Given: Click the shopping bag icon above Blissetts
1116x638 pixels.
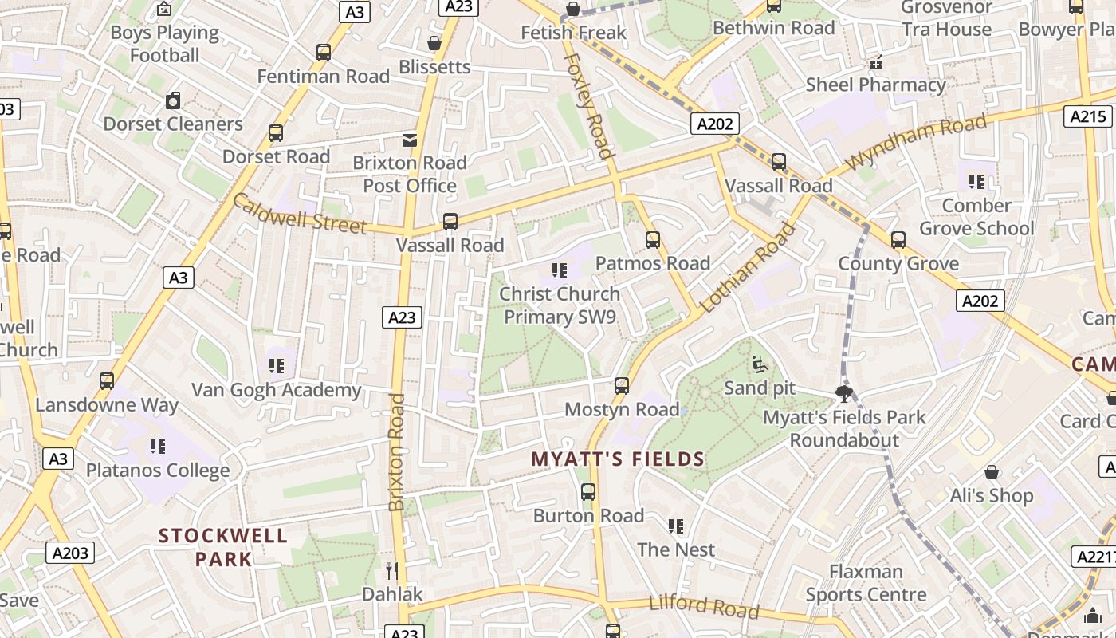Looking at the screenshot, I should [x=434, y=43].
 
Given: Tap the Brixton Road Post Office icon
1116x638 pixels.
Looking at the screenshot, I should [x=410, y=140].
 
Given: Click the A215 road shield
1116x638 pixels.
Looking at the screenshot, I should [x=1088, y=116].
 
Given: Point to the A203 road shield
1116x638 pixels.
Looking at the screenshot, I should [x=70, y=553].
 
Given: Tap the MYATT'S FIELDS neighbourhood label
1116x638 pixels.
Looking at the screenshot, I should [x=618, y=459].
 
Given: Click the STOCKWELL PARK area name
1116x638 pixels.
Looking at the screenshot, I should [x=223, y=547].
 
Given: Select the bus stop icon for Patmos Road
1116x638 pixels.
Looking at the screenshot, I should [x=653, y=240].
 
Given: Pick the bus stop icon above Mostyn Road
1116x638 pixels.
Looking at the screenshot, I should [x=622, y=387].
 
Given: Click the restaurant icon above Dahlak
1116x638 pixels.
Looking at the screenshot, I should [x=391, y=570].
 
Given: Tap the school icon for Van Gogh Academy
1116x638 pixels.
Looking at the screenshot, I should [x=277, y=366].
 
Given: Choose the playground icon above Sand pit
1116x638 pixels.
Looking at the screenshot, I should [x=760, y=364].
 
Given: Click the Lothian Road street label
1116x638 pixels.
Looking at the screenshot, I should [x=748, y=268].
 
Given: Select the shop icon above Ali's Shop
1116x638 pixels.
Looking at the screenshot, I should [x=992, y=473].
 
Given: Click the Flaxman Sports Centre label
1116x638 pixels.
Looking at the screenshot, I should [x=866, y=583].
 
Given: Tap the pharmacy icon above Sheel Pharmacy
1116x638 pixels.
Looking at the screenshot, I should [x=876, y=61].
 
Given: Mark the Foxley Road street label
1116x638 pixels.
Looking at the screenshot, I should [x=589, y=106].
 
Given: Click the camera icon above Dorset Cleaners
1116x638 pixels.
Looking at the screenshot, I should [x=173, y=100].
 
